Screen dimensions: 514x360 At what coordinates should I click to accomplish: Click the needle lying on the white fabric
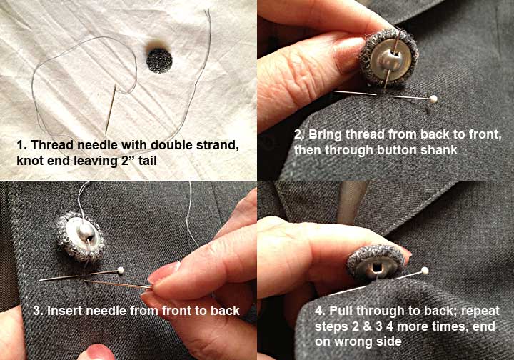pos(111,109)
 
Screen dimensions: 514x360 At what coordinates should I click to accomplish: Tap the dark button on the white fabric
pos(159,60)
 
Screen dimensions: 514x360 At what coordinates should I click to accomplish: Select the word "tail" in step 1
pos(148,161)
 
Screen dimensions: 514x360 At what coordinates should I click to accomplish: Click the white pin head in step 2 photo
pos(434,99)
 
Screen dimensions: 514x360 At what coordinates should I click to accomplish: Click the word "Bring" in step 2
pos(325,135)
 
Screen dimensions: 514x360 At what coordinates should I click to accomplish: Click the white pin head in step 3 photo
pos(121,270)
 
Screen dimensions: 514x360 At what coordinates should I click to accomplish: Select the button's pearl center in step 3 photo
pos(86,232)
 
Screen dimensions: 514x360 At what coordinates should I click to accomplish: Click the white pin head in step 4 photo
pos(425,271)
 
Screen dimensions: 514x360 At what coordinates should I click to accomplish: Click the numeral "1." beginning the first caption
pos(21,145)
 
